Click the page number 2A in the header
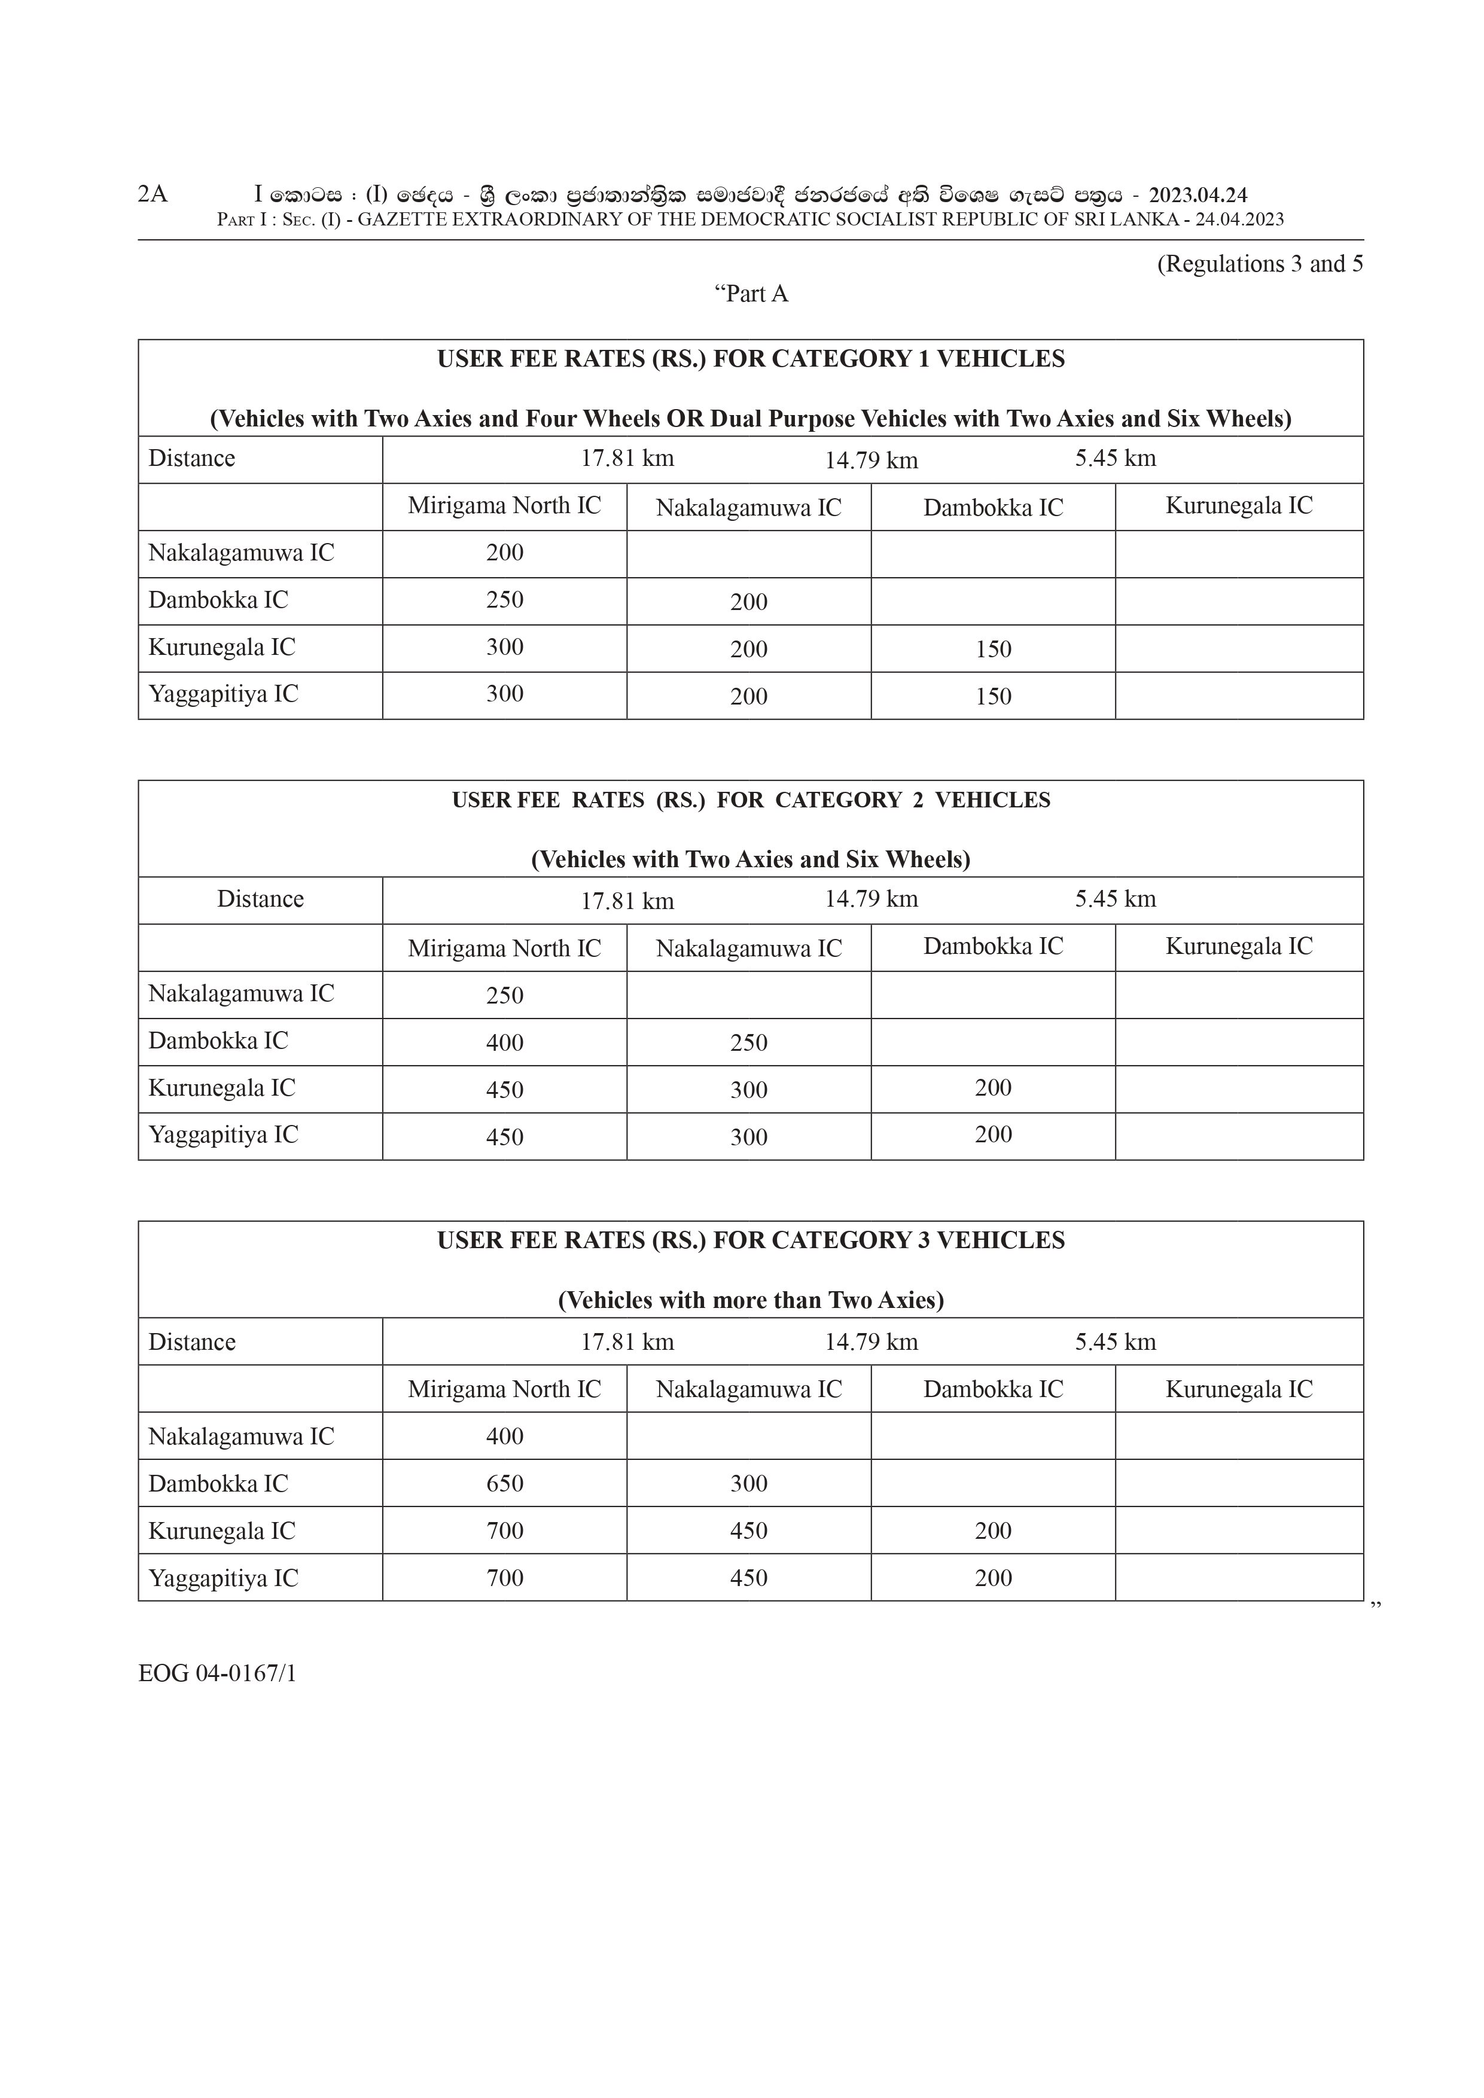coord(153,194)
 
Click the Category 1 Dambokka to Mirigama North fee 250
coord(504,600)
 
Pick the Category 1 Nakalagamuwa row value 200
coord(504,553)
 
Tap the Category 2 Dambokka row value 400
coord(504,1042)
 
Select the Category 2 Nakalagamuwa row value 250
coord(504,995)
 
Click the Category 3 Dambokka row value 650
coord(504,1483)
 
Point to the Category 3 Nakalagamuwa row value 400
coord(504,1435)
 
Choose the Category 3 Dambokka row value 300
coord(748,1483)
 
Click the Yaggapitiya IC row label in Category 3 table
coord(223,1578)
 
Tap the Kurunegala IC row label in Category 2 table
coord(222,1088)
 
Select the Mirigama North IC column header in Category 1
coord(504,506)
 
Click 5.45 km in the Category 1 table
coord(1115,459)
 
